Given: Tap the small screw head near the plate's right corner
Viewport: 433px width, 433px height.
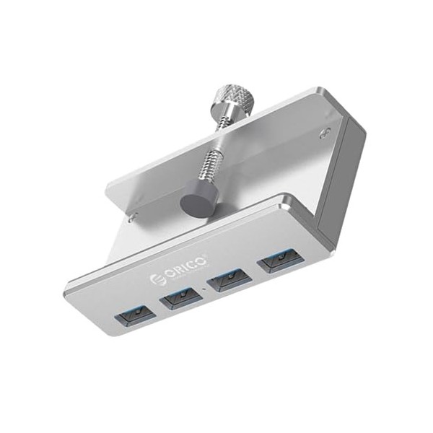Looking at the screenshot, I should [326, 133].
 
